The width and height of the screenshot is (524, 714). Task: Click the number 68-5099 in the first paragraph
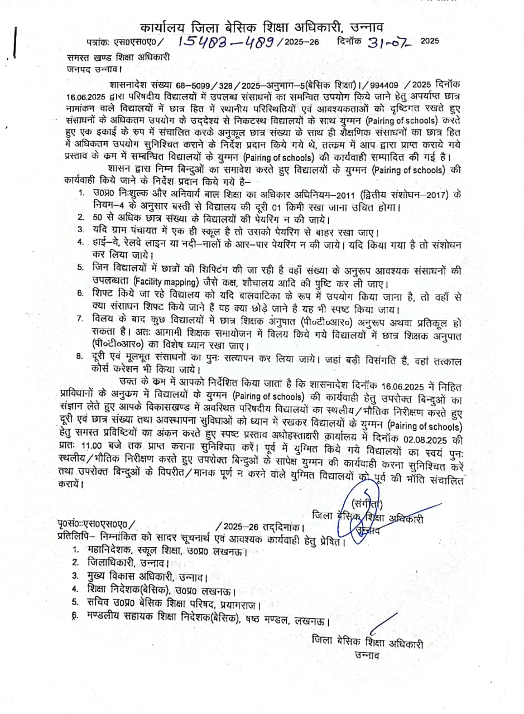(172, 85)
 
